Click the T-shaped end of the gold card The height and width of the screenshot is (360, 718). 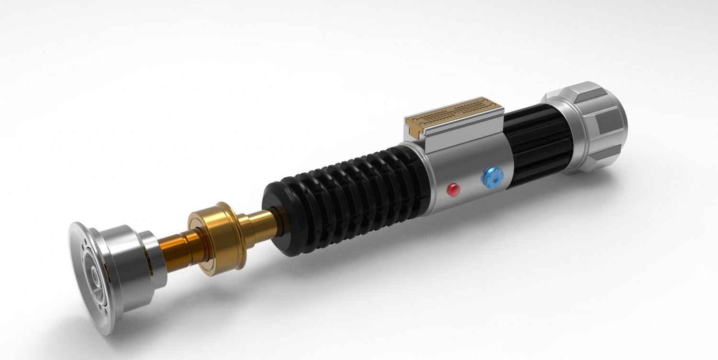click(415, 126)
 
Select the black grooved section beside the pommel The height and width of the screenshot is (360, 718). click(538, 144)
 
